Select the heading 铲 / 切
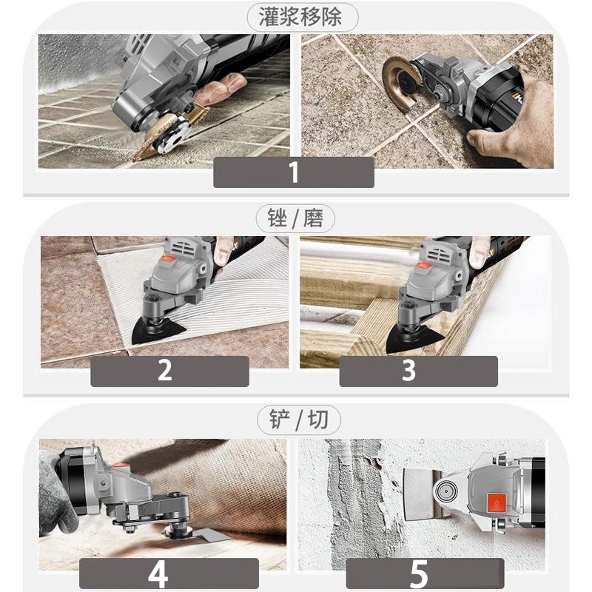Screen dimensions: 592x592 point(296,420)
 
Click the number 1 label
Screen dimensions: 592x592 point(294,172)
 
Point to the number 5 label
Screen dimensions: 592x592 point(419,573)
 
